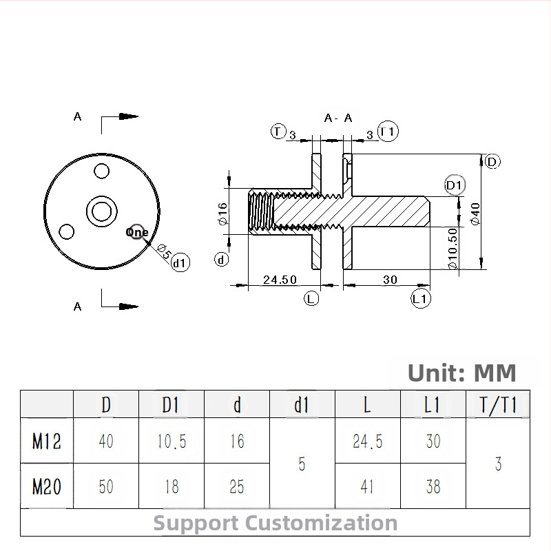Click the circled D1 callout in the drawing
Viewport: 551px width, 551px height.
click(x=455, y=185)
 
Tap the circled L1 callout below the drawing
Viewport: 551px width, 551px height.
click(x=421, y=299)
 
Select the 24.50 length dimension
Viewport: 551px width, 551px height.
click(x=280, y=280)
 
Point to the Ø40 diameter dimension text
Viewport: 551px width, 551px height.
click(x=475, y=214)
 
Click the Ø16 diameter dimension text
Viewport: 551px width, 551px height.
click(x=222, y=214)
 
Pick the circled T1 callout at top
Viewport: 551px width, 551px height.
click(x=388, y=132)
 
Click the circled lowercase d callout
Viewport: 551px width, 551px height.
click(x=221, y=260)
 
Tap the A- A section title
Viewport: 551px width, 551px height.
click(x=337, y=118)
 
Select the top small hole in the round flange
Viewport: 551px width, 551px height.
click(x=102, y=171)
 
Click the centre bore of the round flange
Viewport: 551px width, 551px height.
click(x=102, y=211)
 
